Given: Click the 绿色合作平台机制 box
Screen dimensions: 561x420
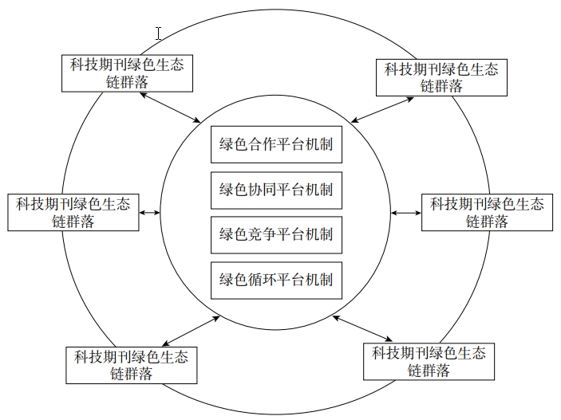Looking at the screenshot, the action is pyautogui.click(x=276, y=144).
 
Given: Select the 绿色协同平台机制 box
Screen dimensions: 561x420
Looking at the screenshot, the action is pyautogui.click(x=276, y=190).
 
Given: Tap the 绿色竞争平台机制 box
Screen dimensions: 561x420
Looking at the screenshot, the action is pyautogui.click(x=276, y=235).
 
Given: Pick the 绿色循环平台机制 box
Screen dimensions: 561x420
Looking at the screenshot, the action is pyautogui.click(x=276, y=281).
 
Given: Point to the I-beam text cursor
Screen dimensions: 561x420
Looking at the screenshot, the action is pyautogui.click(x=159, y=33).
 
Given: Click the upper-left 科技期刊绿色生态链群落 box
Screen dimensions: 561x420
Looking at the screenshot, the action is pyautogui.click(x=128, y=73).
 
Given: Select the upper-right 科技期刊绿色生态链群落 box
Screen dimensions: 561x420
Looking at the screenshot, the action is pyautogui.click(x=441, y=77).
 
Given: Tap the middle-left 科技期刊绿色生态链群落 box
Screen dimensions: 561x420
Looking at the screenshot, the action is pyautogui.click(x=73, y=212).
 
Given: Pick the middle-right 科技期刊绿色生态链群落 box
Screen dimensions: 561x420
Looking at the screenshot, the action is pyautogui.click(x=487, y=212).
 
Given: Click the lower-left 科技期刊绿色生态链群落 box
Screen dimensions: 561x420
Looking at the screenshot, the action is pyautogui.click(x=132, y=365).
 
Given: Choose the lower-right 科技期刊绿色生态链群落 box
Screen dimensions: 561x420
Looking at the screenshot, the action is pyautogui.click(x=429, y=362).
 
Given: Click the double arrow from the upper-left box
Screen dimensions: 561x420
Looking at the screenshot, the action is pyautogui.click(x=170, y=108).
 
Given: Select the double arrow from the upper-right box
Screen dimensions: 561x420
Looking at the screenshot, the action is pyautogui.click(x=382, y=110).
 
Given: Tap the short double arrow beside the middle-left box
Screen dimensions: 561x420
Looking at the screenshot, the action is pyautogui.click(x=149, y=213).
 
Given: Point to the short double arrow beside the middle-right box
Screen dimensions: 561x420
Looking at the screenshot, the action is pyautogui.click(x=406, y=213).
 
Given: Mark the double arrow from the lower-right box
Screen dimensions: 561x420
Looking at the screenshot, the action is pyautogui.click(x=362, y=328).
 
